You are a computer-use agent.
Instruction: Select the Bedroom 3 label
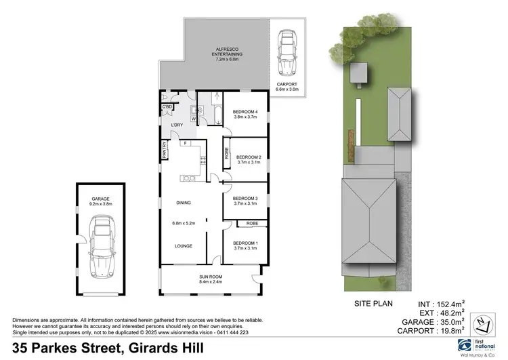coord(245,201)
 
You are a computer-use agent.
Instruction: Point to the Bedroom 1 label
coord(245,246)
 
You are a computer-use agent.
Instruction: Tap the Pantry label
coord(165,150)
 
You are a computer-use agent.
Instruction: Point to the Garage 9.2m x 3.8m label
coord(100,201)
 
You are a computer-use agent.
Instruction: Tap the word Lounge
coord(184,246)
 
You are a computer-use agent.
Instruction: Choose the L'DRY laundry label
coord(177,125)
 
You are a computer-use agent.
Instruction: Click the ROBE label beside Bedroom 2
coord(226,154)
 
